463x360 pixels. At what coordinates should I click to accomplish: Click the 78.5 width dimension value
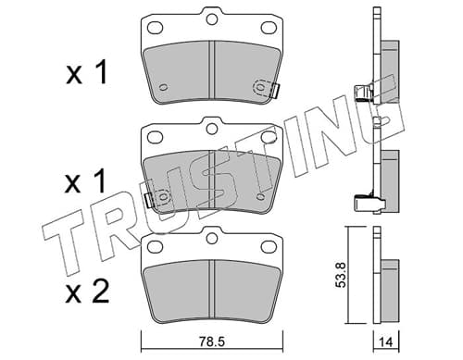(x=211, y=341)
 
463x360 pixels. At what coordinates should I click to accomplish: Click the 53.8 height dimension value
(x=341, y=275)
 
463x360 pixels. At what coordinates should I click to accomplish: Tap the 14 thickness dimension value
(x=386, y=342)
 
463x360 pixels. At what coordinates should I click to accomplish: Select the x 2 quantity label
(x=87, y=291)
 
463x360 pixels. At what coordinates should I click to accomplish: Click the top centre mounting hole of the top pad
(x=212, y=19)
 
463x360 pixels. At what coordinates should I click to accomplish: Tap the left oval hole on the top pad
(x=155, y=28)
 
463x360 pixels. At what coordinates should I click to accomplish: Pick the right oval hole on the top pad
(x=269, y=28)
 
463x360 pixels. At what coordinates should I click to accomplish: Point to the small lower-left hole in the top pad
(x=164, y=87)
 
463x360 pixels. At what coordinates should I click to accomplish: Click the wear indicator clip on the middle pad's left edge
(x=149, y=200)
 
